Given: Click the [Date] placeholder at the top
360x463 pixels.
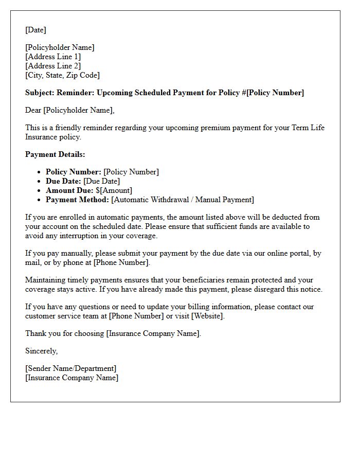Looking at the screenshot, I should click(35, 30).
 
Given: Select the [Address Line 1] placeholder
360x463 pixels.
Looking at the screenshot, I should click(53, 57).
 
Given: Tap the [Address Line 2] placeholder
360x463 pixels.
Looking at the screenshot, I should click(53, 66).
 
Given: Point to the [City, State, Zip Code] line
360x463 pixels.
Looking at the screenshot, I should click(62, 75).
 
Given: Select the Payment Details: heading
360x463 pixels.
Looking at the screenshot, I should click(55, 154).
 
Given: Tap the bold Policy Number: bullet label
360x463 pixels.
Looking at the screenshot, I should click(74, 172).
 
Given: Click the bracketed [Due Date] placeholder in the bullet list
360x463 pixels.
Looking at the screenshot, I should click(101, 181).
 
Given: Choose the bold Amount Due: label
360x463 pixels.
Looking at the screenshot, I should click(69, 190).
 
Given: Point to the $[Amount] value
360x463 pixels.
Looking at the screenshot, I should click(114, 190).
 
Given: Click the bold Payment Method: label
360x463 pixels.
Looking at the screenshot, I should click(77, 200).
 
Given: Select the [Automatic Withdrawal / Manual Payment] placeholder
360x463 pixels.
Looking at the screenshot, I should click(183, 200).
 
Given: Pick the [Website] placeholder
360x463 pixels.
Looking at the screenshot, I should click(208, 316).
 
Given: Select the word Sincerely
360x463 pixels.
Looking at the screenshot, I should click(41, 351).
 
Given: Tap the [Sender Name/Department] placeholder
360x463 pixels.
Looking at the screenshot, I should click(71, 368).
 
